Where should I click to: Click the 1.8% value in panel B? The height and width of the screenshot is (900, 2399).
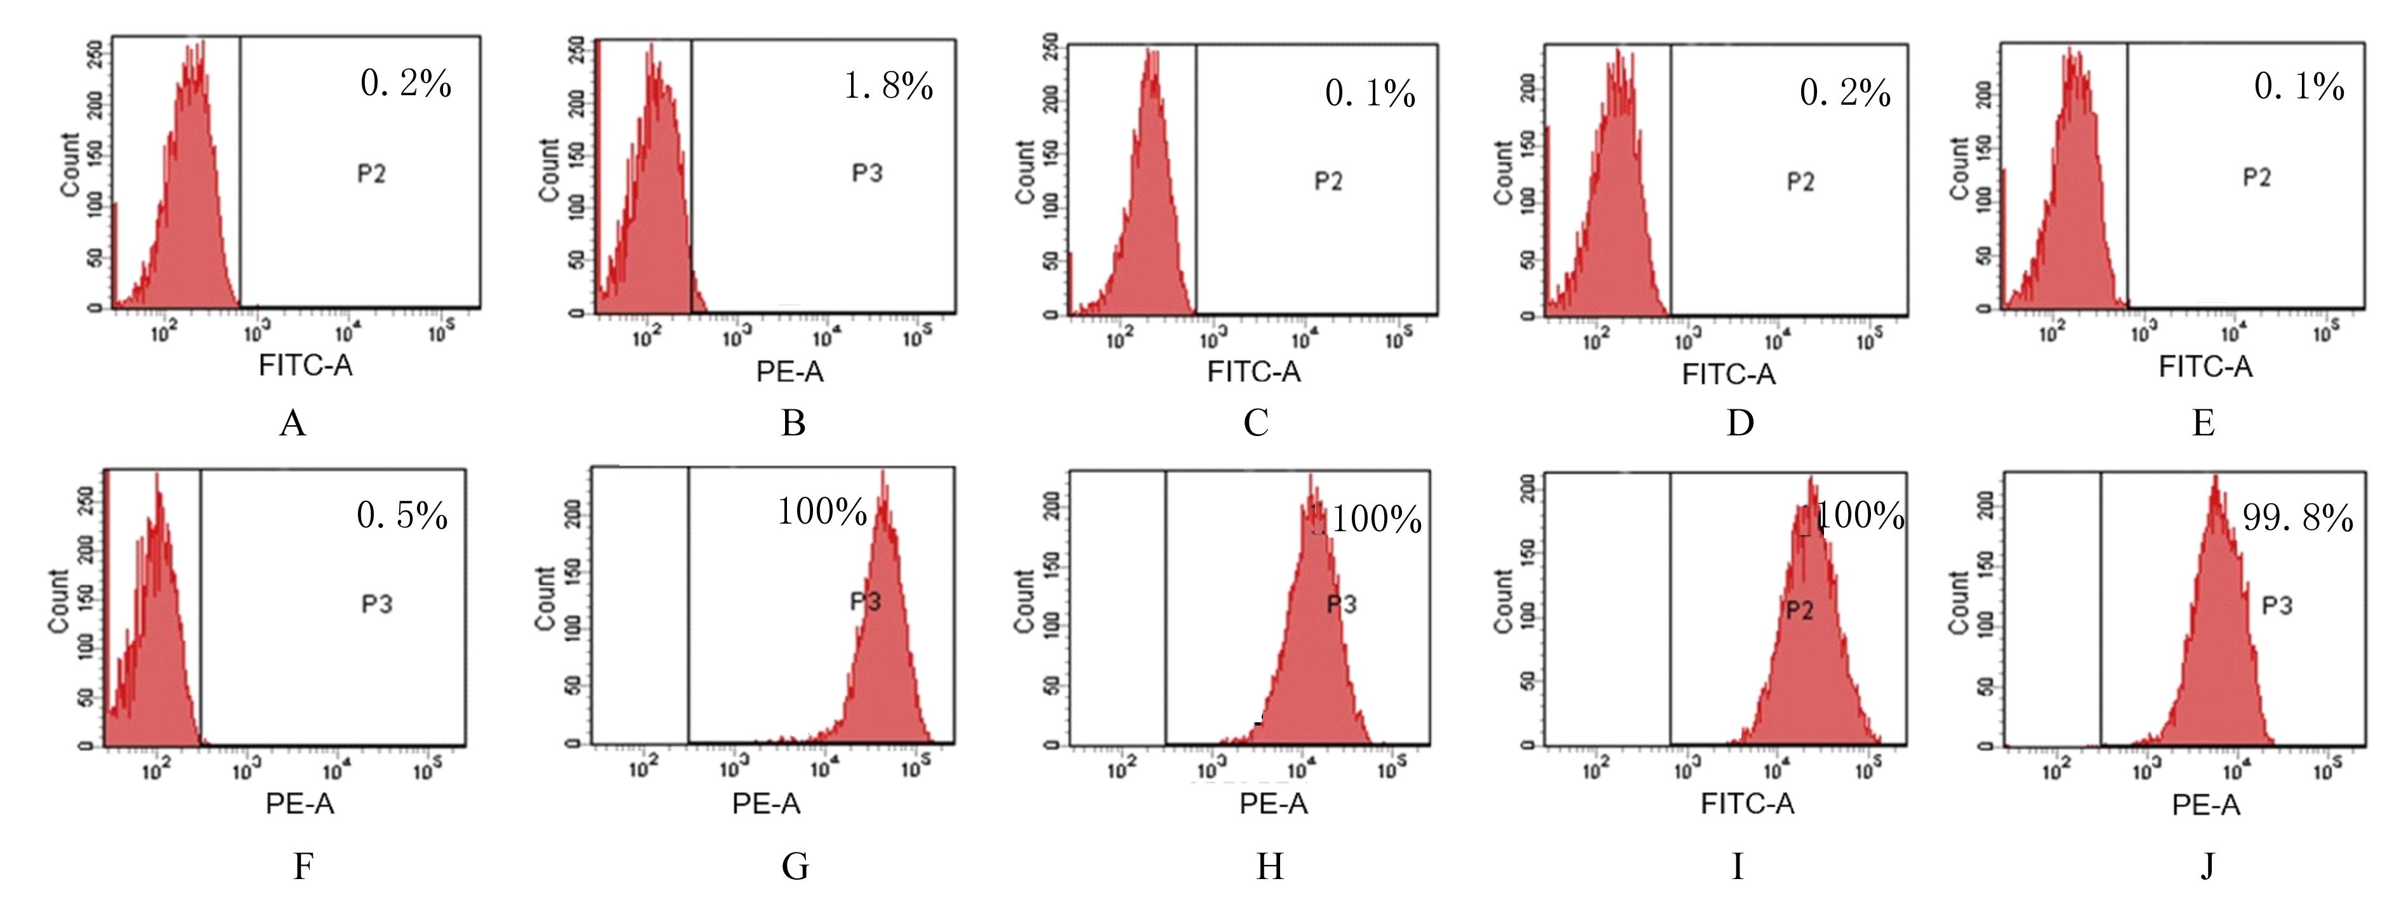click(889, 87)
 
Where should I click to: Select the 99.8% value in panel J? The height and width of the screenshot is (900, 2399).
click(2297, 518)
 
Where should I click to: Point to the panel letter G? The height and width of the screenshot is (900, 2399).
click(795, 866)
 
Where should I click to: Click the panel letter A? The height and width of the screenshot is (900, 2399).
click(293, 424)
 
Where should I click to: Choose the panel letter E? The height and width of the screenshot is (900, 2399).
click(2204, 424)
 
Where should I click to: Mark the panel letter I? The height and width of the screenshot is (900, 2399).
click(1737, 866)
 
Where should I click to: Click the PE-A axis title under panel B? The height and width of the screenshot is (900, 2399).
click(790, 372)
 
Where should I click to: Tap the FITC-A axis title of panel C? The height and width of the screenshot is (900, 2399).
click(1253, 372)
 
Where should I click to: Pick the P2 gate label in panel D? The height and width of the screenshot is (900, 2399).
click(1800, 182)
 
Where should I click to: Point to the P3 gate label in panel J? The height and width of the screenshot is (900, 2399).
click(2277, 606)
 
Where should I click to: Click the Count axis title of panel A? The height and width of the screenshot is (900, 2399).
click(70, 165)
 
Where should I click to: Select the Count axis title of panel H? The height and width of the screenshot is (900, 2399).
click(1024, 601)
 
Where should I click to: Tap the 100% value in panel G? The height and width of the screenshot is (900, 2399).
click(823, 512)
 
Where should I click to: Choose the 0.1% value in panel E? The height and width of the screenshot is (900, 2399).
click(2299, 87)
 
